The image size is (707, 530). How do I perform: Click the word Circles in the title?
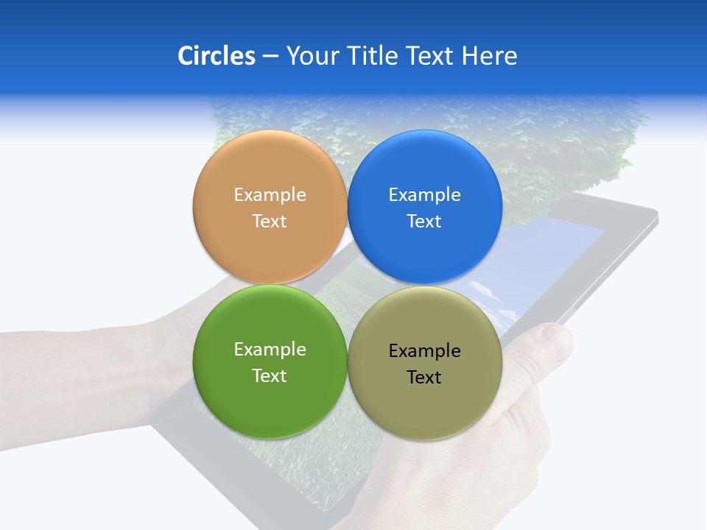216,56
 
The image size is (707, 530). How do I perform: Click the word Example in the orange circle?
270,194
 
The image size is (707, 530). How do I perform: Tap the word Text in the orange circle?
270,221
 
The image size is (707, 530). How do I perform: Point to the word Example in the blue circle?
424,194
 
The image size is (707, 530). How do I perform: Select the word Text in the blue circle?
424,221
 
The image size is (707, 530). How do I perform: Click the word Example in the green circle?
270,349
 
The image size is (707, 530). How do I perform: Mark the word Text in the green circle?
270,375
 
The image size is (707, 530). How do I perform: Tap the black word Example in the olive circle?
424,350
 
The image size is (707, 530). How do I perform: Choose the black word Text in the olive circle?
424,377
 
